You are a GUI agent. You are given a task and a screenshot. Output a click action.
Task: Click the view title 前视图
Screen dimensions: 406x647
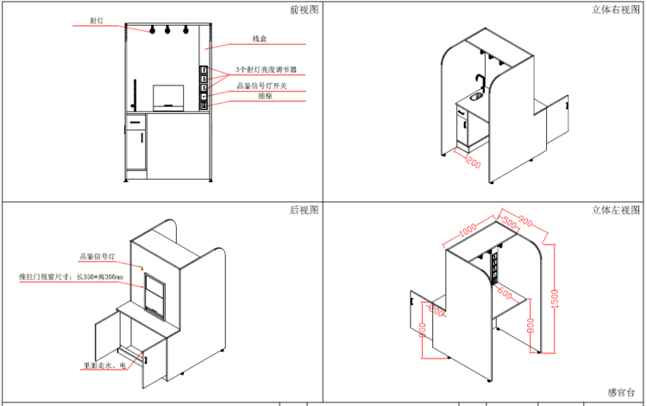tap(305, 10)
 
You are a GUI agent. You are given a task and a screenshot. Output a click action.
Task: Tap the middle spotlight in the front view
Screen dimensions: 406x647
tap(166, 31)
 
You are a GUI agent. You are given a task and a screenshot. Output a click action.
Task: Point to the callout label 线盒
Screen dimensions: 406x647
tap(259, 40)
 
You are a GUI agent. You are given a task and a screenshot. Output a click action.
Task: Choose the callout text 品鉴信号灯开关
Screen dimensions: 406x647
tap(262, 86)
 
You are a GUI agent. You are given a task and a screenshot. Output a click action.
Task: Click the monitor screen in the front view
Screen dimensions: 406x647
tap(168, 95)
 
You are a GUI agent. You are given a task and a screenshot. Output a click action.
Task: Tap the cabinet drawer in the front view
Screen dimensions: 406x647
tap(135, 123)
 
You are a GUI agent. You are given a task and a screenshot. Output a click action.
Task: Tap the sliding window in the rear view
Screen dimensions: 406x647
tap(155, 294)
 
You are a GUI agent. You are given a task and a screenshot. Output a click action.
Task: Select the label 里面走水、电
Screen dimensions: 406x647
tap(105, 366)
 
